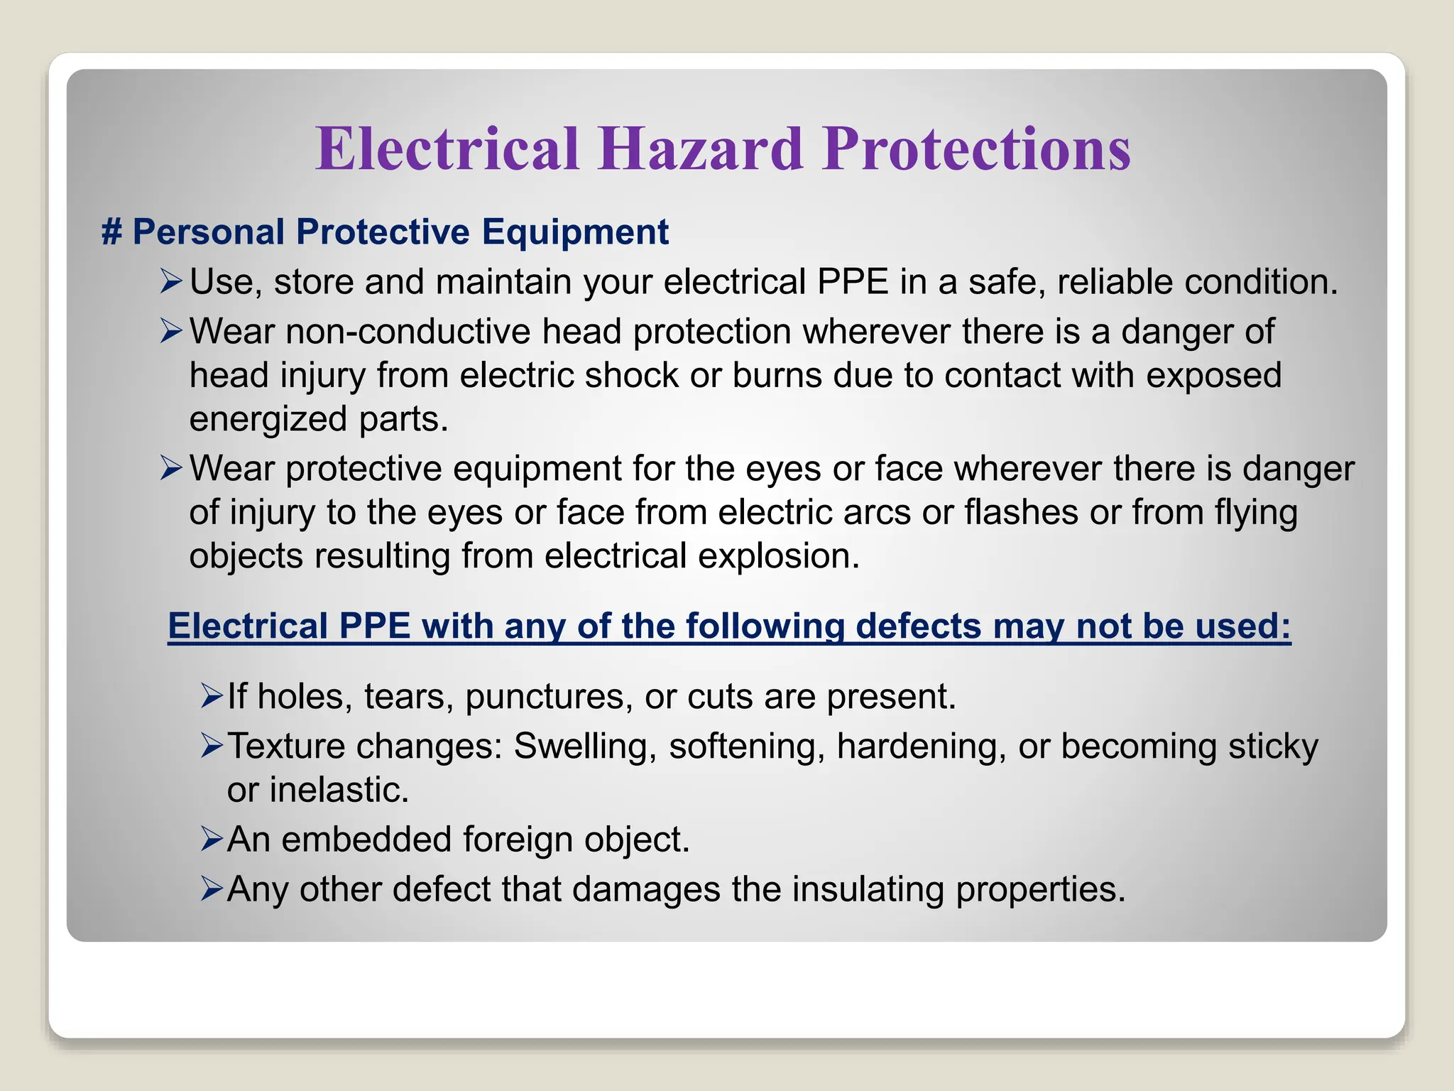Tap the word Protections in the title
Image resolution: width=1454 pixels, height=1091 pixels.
pos(976,149)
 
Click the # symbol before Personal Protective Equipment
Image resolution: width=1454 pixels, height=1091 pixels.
pos(111,232)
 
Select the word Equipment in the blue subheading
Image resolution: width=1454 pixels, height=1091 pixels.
pos(575,232)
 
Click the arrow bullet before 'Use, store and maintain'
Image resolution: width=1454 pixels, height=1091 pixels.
pos(171,281)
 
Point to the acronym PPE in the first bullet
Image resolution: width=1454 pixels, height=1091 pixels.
pos(853,282)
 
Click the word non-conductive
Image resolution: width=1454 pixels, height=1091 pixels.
pos(408,332)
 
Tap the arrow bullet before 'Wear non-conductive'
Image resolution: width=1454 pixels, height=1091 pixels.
pos(171,331)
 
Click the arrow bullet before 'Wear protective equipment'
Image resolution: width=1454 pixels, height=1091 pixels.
pos(171,468)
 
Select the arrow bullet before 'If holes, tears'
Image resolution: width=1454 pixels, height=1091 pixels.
pos(211,696)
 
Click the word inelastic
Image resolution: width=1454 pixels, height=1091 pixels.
pos(339,791)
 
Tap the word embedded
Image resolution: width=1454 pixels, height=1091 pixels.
pos(366,840)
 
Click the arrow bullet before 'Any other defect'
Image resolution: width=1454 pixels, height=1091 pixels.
pos(211,889)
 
